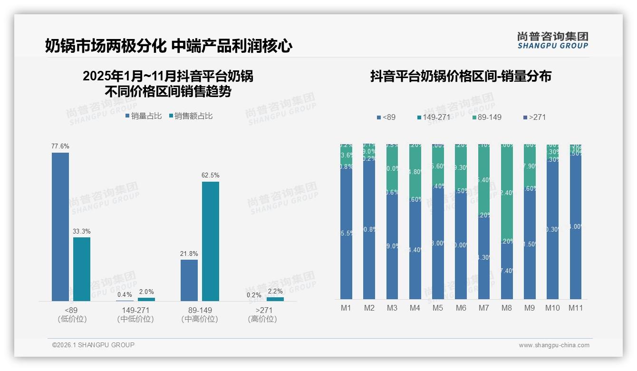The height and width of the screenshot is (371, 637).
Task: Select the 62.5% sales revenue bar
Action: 211,241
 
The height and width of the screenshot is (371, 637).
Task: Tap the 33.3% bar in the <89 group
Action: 82,269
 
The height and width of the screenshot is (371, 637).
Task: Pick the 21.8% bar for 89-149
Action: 189,280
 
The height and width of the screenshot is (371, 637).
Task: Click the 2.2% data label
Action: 275,292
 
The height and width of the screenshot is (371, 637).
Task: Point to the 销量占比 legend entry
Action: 144,116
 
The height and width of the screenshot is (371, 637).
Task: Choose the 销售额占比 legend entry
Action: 191,116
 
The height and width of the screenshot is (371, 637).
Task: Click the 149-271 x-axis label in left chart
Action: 135,311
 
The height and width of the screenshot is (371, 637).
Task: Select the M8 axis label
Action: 506,308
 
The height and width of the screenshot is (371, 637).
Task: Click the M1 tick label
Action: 346,308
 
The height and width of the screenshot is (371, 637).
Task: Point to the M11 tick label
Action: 576,308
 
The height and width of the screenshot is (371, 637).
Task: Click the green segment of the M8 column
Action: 507,190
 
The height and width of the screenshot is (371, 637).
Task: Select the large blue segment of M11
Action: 576,228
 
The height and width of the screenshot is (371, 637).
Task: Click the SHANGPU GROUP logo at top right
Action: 552,40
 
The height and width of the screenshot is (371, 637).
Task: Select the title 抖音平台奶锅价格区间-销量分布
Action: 461,77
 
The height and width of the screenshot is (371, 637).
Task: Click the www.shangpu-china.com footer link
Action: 554,345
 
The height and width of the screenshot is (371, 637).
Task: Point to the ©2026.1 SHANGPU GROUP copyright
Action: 93,345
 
